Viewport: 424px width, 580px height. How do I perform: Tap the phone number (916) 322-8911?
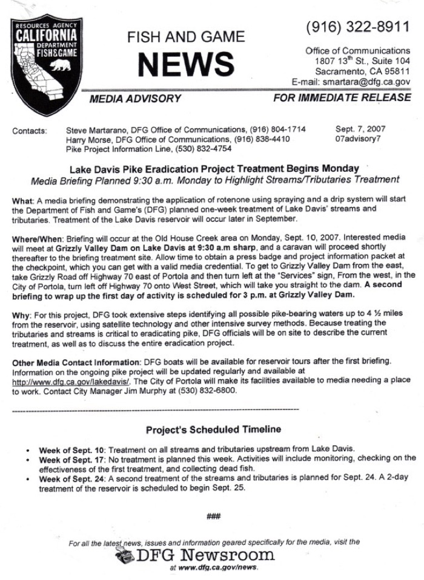pos(359,27)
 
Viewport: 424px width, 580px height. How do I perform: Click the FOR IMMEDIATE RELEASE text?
pos(342,97)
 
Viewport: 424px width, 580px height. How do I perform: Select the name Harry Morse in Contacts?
pos(86,139)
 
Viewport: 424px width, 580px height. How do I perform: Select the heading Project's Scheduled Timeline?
pos(213,430)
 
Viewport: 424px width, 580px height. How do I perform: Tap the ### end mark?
pos(213,515)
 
